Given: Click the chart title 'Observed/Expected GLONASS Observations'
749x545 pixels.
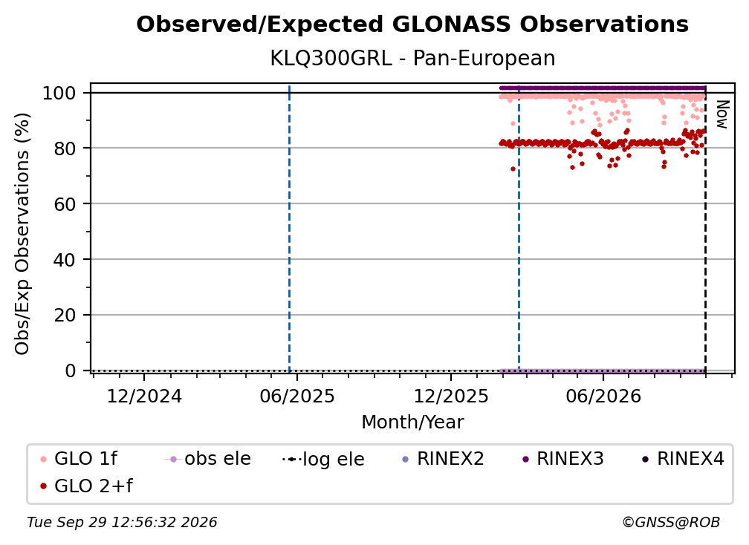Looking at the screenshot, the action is coord(412,25).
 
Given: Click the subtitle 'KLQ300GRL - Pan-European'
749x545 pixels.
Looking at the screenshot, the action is coord(412,58).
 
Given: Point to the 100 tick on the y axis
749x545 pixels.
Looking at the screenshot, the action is coord(59,93).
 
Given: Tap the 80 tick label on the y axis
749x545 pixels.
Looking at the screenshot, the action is coord(65,149).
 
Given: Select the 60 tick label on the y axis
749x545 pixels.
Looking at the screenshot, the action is coord(65,203).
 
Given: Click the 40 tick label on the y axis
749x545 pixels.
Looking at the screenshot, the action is coord(65,260).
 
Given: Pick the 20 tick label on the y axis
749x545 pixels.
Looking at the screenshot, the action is coord(65,315).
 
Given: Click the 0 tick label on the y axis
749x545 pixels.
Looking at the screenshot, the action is coord(70,371).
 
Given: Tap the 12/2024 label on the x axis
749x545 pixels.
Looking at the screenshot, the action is coord(144,396).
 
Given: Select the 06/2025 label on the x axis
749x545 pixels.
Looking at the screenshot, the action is coord(297,396).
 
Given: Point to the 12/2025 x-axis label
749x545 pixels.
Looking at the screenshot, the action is coord(451,396).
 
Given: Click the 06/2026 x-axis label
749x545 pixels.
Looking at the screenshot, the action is coord(603,396).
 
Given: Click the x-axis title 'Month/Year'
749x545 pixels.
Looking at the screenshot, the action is coord(412,422).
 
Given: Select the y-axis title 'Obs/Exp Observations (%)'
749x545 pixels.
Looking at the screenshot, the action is coord(22,233).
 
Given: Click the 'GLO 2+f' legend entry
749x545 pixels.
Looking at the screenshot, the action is coord(86,486).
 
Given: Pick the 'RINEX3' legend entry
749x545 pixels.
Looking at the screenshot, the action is coord(562,459).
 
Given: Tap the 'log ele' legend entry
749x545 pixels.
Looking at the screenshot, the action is coord(323,459).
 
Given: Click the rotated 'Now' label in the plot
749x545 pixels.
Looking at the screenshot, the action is coord(722,114).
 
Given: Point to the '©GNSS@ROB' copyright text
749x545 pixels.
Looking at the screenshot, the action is coord(671,522).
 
